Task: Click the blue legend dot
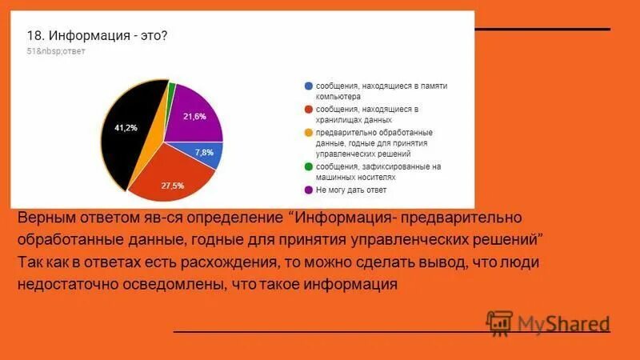pyautogui.click(x=308, y=86)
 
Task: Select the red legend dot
pyautogui.click(x=308, y=109)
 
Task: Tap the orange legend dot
pyautogui.click(x=308, y=132)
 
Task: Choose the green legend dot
pyautogui.click(x=308, y=166)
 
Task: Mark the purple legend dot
pyautogui.click(x=308, y=190)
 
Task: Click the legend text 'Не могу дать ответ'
pyautogui.click(x=351, y=190)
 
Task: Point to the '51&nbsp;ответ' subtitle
pyautogui.click(x=56, y=51)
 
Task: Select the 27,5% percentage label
pyautogui.click(x=173, y=186)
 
